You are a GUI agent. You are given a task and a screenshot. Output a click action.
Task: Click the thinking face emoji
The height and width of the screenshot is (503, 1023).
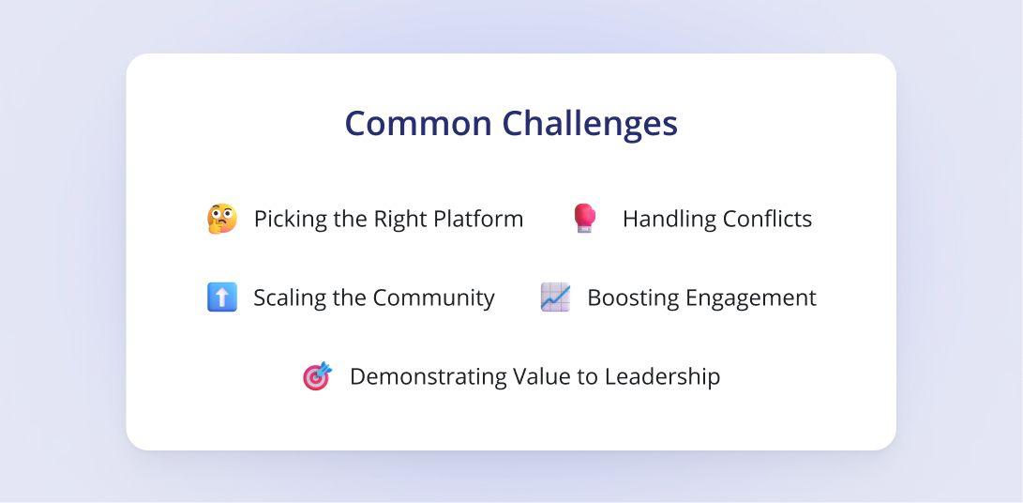point(222,219)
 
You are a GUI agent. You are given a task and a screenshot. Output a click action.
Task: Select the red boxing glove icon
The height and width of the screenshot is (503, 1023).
point(584,219)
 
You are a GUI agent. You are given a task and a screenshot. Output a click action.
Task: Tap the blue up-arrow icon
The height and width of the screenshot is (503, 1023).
point(222,297)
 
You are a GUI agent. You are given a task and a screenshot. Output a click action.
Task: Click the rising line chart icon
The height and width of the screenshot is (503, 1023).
point(555,297)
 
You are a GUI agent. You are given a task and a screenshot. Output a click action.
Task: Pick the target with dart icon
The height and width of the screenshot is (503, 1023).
point(318,376)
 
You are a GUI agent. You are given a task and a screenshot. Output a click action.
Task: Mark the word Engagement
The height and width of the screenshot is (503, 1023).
point(747,298)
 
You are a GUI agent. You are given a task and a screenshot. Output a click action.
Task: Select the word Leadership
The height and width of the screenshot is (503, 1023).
point(662,376)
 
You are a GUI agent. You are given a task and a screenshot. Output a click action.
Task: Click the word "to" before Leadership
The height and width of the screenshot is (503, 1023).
point(589,376)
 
